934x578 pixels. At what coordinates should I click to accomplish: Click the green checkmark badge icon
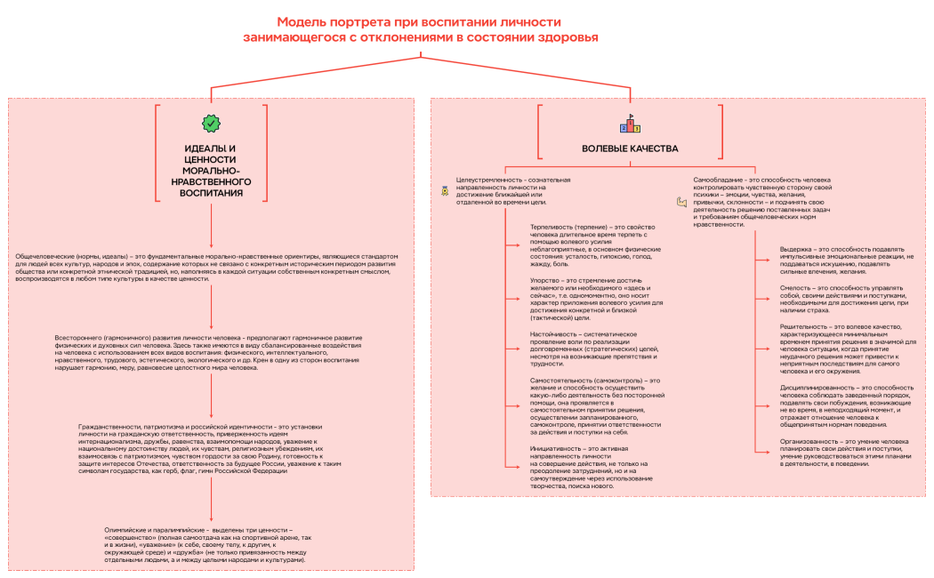(x=211, y=122)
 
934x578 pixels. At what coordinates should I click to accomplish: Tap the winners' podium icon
(x=630, y=124)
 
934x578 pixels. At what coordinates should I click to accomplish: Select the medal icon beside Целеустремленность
(x=445, y=189)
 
